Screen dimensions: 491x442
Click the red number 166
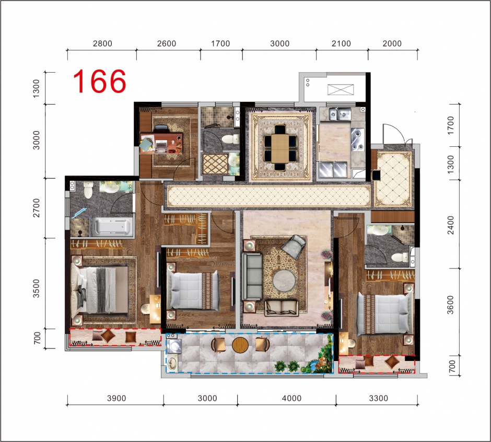100,82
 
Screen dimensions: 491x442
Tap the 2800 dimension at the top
102,43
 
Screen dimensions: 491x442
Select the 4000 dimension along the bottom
291,398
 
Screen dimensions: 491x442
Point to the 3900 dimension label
116,398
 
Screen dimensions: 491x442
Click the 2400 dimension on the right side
450,225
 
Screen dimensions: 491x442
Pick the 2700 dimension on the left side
37,208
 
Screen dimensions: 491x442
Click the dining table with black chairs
280,148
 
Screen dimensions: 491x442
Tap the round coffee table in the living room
284,281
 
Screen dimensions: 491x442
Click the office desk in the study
161,143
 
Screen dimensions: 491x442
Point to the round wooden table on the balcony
240,345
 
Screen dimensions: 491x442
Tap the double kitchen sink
340,114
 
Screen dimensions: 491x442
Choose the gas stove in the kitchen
358,139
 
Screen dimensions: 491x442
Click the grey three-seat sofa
252,276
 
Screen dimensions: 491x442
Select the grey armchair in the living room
294,246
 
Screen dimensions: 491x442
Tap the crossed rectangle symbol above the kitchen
341,89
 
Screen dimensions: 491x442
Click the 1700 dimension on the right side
450,125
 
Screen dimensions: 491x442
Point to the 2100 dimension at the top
341,43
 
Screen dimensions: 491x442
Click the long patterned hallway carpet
268,196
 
